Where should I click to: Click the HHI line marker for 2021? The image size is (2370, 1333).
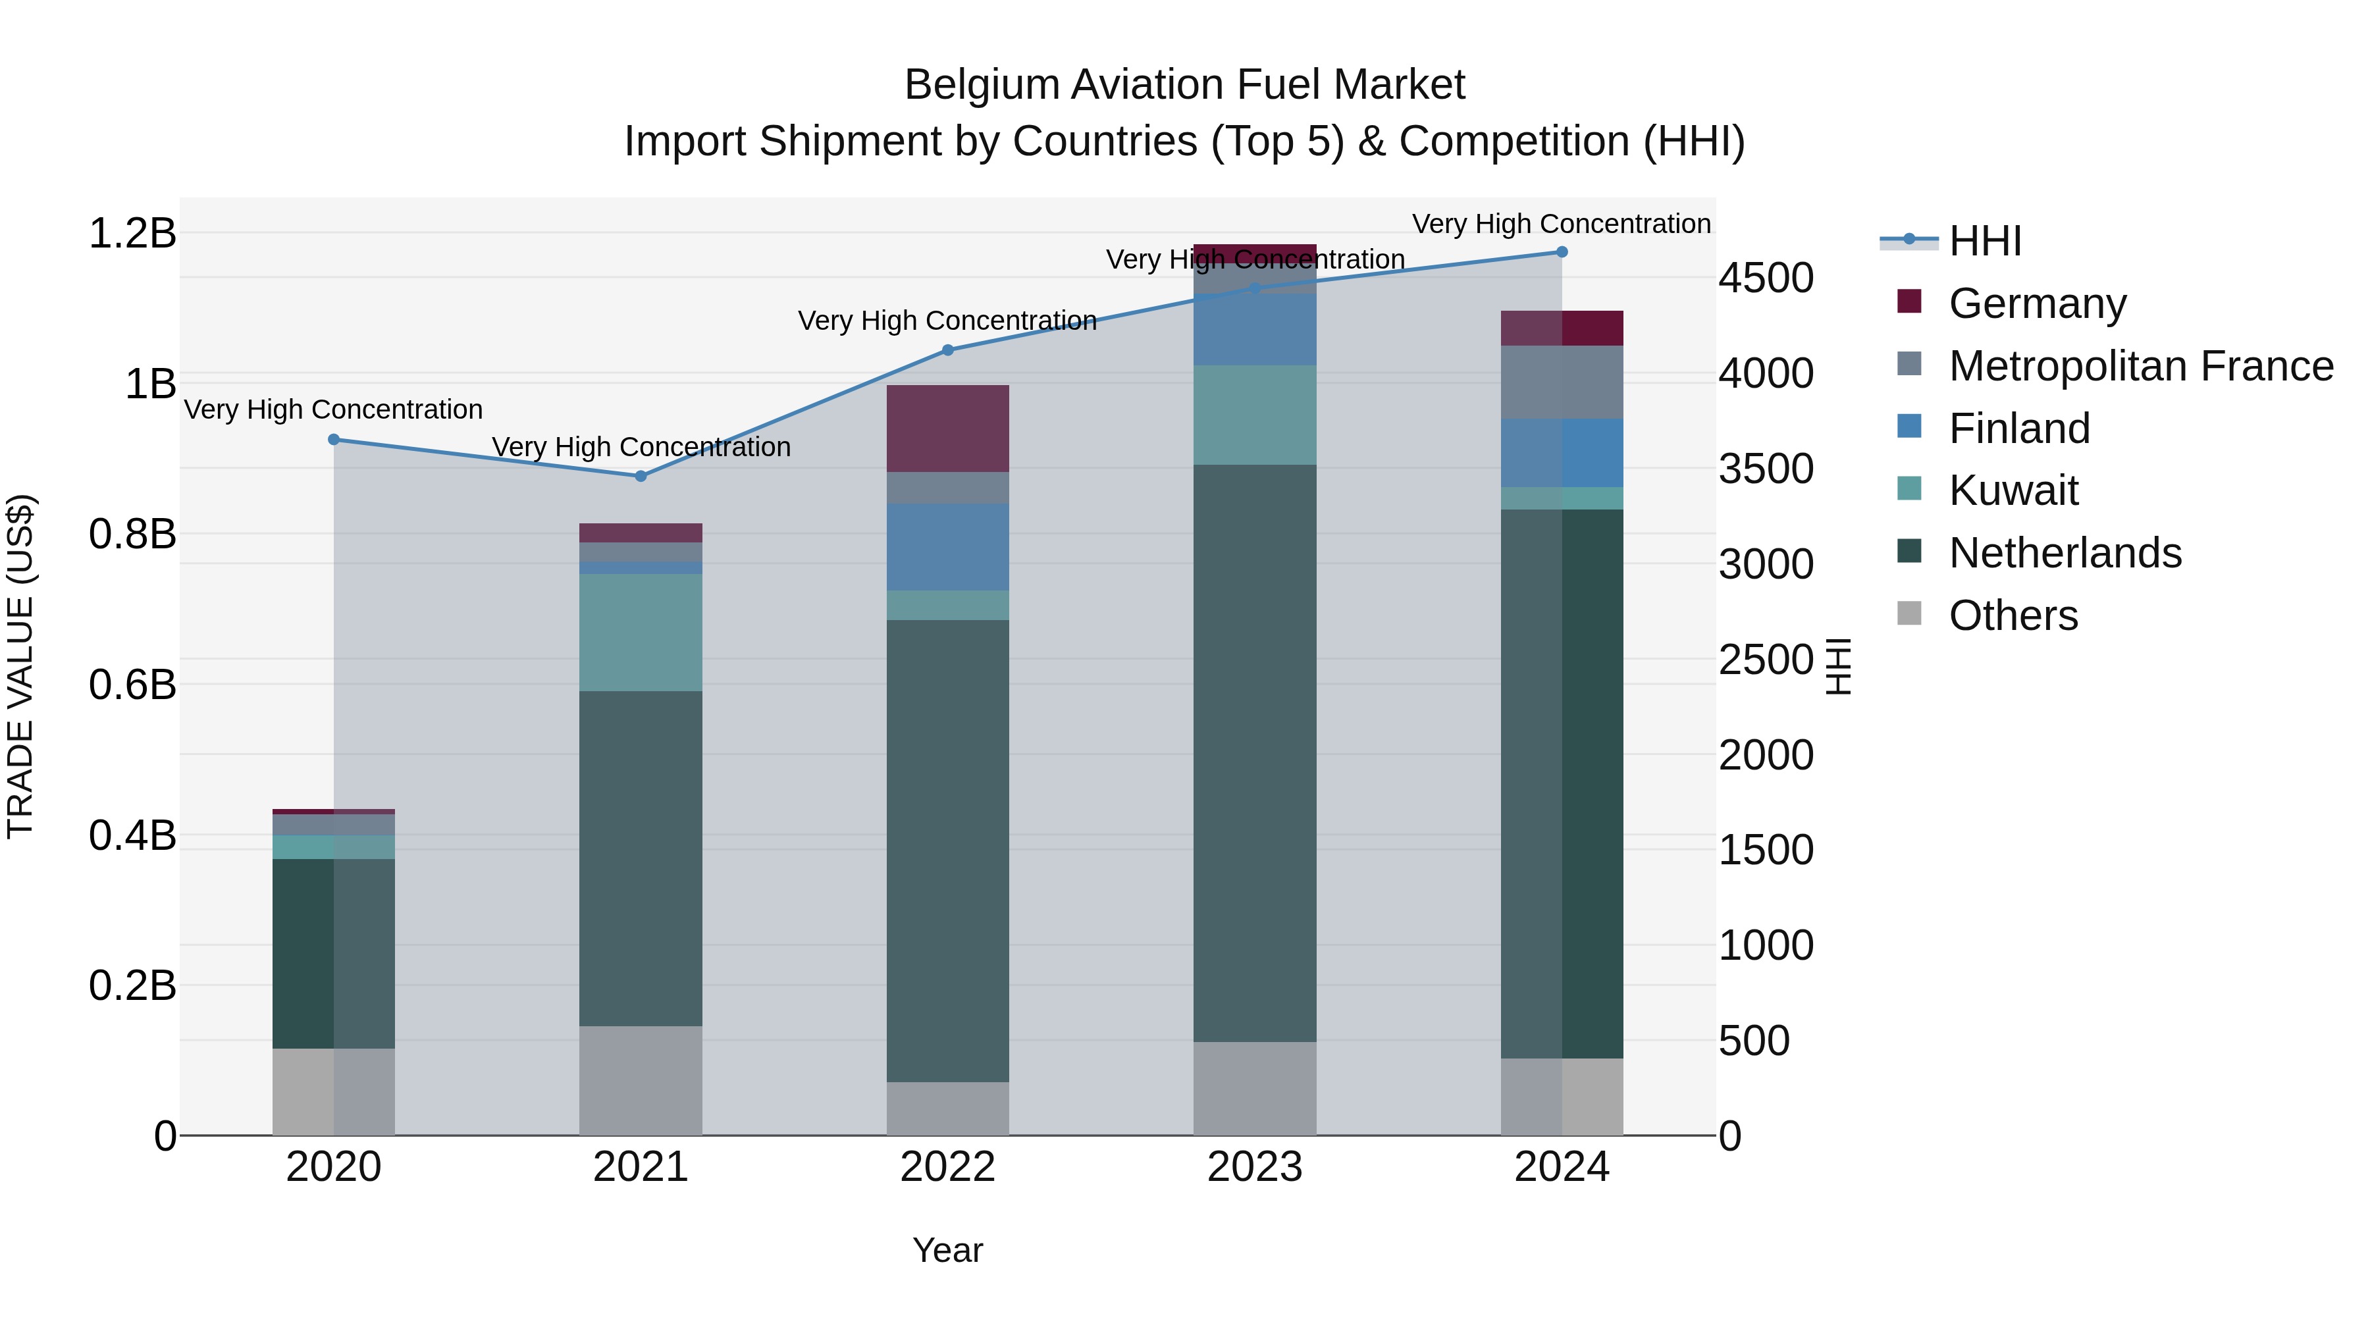(641, 476)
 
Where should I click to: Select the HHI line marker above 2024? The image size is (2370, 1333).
(1562, 251)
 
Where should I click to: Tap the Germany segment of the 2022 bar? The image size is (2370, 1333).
(947, 428)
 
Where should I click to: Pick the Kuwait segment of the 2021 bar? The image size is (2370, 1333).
(641, 632)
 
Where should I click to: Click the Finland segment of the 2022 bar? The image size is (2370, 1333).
(947, 546)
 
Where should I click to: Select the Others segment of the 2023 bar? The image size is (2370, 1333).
(1254, 1088)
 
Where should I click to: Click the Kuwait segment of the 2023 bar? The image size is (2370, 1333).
(1254, 414)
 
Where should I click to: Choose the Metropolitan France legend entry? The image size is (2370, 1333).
(2140, 366)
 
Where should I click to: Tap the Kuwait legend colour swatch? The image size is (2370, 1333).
(1909, 488)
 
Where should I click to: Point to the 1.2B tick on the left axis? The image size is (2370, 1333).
(132, 233)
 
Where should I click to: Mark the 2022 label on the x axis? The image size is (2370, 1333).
(947, 1167)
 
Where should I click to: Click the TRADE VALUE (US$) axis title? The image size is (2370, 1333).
(20, 666)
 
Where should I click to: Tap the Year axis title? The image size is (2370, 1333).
(947, 1250)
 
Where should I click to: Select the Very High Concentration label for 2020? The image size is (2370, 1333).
(333, 409)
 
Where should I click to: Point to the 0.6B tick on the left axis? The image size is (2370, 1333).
(132, 685)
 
